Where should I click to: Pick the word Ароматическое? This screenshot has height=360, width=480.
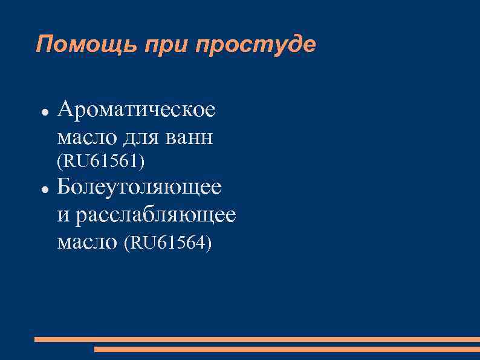tap(136, 111)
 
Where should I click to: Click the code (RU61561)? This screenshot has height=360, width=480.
tap(100, 162)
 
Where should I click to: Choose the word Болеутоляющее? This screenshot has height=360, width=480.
tap(139, 187)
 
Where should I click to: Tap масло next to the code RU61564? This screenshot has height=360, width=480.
tap(87, 243)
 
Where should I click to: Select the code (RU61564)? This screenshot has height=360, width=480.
tap(167, 243)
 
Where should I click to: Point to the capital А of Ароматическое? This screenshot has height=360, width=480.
tap(66, 111)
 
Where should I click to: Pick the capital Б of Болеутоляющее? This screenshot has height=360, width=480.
tap(65, 187)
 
